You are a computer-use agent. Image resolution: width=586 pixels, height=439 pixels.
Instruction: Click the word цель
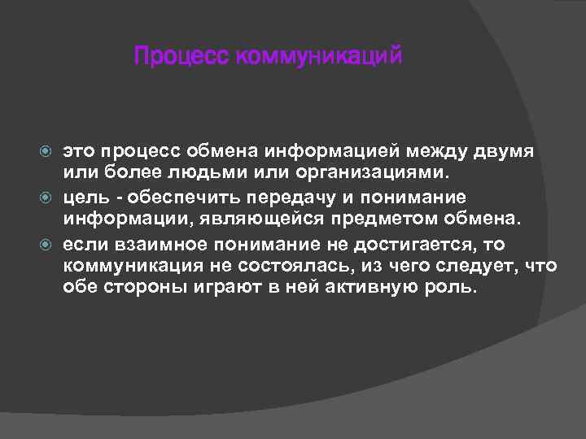click(85, 197)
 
